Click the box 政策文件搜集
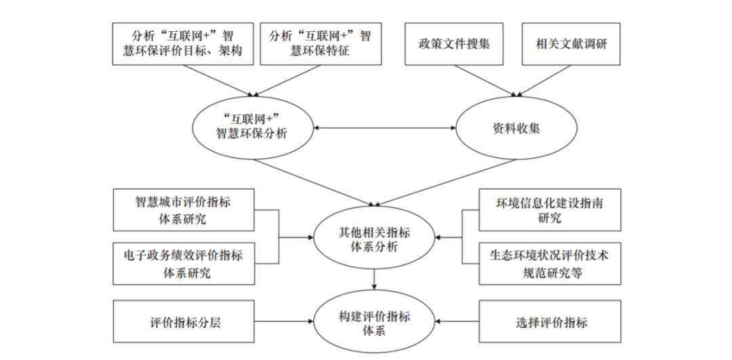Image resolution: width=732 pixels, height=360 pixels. pos(453,43)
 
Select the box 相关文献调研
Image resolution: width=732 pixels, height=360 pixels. pos(571,43)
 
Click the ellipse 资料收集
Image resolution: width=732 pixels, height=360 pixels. pos(516,128)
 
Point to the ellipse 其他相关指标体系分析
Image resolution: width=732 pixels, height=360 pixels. pos(374,238)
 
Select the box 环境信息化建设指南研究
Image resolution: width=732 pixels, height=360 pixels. pos(550,210)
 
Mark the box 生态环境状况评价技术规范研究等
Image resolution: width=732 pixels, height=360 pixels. pos(550,264)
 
